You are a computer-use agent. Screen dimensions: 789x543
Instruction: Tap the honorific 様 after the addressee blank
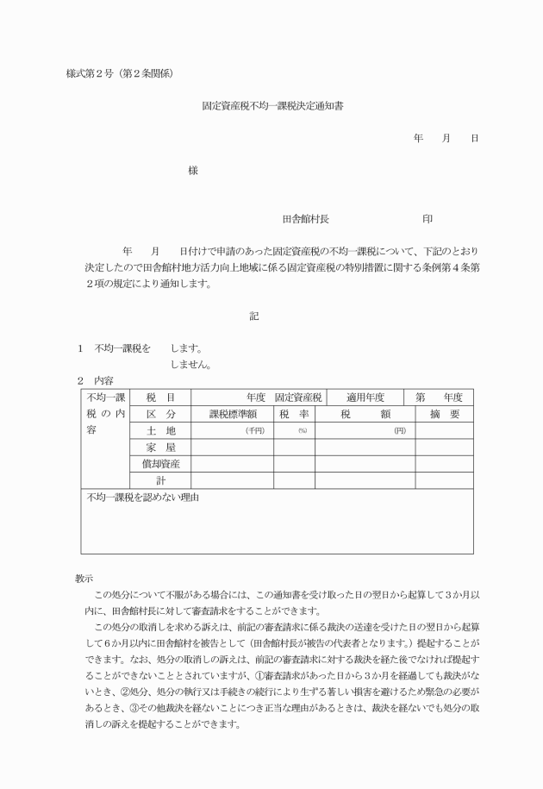(x=193, y=171)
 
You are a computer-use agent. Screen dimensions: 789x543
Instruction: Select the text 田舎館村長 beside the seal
(x=306, y=219)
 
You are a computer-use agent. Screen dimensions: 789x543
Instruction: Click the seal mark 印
(x=427, y=219)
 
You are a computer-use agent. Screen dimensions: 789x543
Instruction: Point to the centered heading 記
(x=254, y=316)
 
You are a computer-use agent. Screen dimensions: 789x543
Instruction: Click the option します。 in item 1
(x=186, y=348)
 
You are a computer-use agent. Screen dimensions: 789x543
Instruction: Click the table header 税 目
(x=160, y=398)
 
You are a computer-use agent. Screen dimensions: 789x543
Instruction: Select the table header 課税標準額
(x=233, y=414)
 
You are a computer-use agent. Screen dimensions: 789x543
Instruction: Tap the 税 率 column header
(x=294, y=414)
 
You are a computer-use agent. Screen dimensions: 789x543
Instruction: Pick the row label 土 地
(x=160, y=430)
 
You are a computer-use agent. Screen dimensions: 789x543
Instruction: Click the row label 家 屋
(x=160, y=447)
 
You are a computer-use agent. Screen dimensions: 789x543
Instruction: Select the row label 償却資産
(x=160, y=463)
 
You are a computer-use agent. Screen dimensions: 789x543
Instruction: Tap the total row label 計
(x=160, y=479)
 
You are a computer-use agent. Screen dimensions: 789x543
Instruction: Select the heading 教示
(x=84, y=579)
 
